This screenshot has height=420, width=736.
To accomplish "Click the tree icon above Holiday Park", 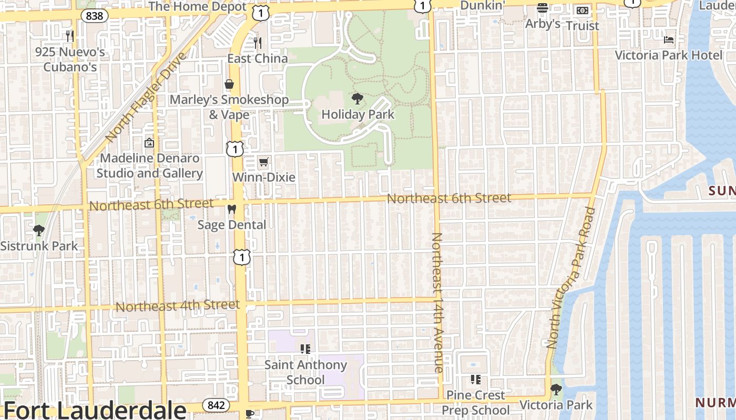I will (x=357, y=98).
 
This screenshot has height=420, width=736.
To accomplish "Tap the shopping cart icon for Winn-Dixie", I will (x=263, y=162).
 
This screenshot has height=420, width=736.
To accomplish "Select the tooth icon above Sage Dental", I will (x=231, y=209).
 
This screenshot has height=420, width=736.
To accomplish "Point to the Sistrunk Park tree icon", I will (x=38, y=230).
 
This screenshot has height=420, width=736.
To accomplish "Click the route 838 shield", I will (x=94, y=16).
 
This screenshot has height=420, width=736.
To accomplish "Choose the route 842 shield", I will (x=216, y=405).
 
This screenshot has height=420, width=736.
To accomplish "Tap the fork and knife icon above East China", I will (x=257, y=42).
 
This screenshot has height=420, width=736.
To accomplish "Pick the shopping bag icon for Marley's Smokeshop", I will (x=229, y=84).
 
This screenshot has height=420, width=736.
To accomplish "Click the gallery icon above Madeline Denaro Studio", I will (x=149, y=142).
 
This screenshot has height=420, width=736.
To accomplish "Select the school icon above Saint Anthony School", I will (x=305, y=349).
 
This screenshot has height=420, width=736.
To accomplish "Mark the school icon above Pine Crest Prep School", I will (x=476, y=379).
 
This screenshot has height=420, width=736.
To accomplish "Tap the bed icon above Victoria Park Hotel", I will (x=669, y=39).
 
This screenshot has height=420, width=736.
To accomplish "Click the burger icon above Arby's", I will (x=543, y=8).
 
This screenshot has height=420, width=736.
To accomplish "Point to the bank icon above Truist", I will (x=582, y=10).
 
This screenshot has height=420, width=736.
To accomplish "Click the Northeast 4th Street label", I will (x=178, y=306).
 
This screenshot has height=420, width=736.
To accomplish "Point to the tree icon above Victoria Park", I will (x=556, y=390).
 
